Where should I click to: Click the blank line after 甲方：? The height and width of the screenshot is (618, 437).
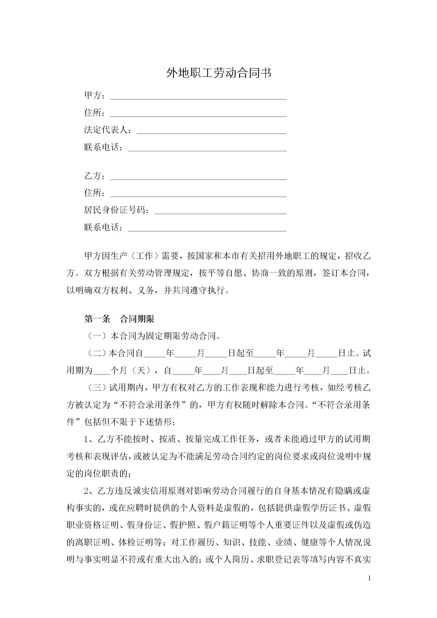tap(198, 96)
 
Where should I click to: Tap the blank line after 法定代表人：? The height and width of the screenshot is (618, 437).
tap(211, 131)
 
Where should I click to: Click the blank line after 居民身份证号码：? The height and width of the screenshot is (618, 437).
tap(220, 211)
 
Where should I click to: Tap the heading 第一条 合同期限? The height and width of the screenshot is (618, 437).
tap(119, 319)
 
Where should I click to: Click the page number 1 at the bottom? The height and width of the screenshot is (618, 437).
tap(369, 578)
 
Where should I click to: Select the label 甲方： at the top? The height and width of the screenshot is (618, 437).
tap(95, 96)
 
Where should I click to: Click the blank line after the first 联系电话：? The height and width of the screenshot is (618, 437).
tap(207, 148)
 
